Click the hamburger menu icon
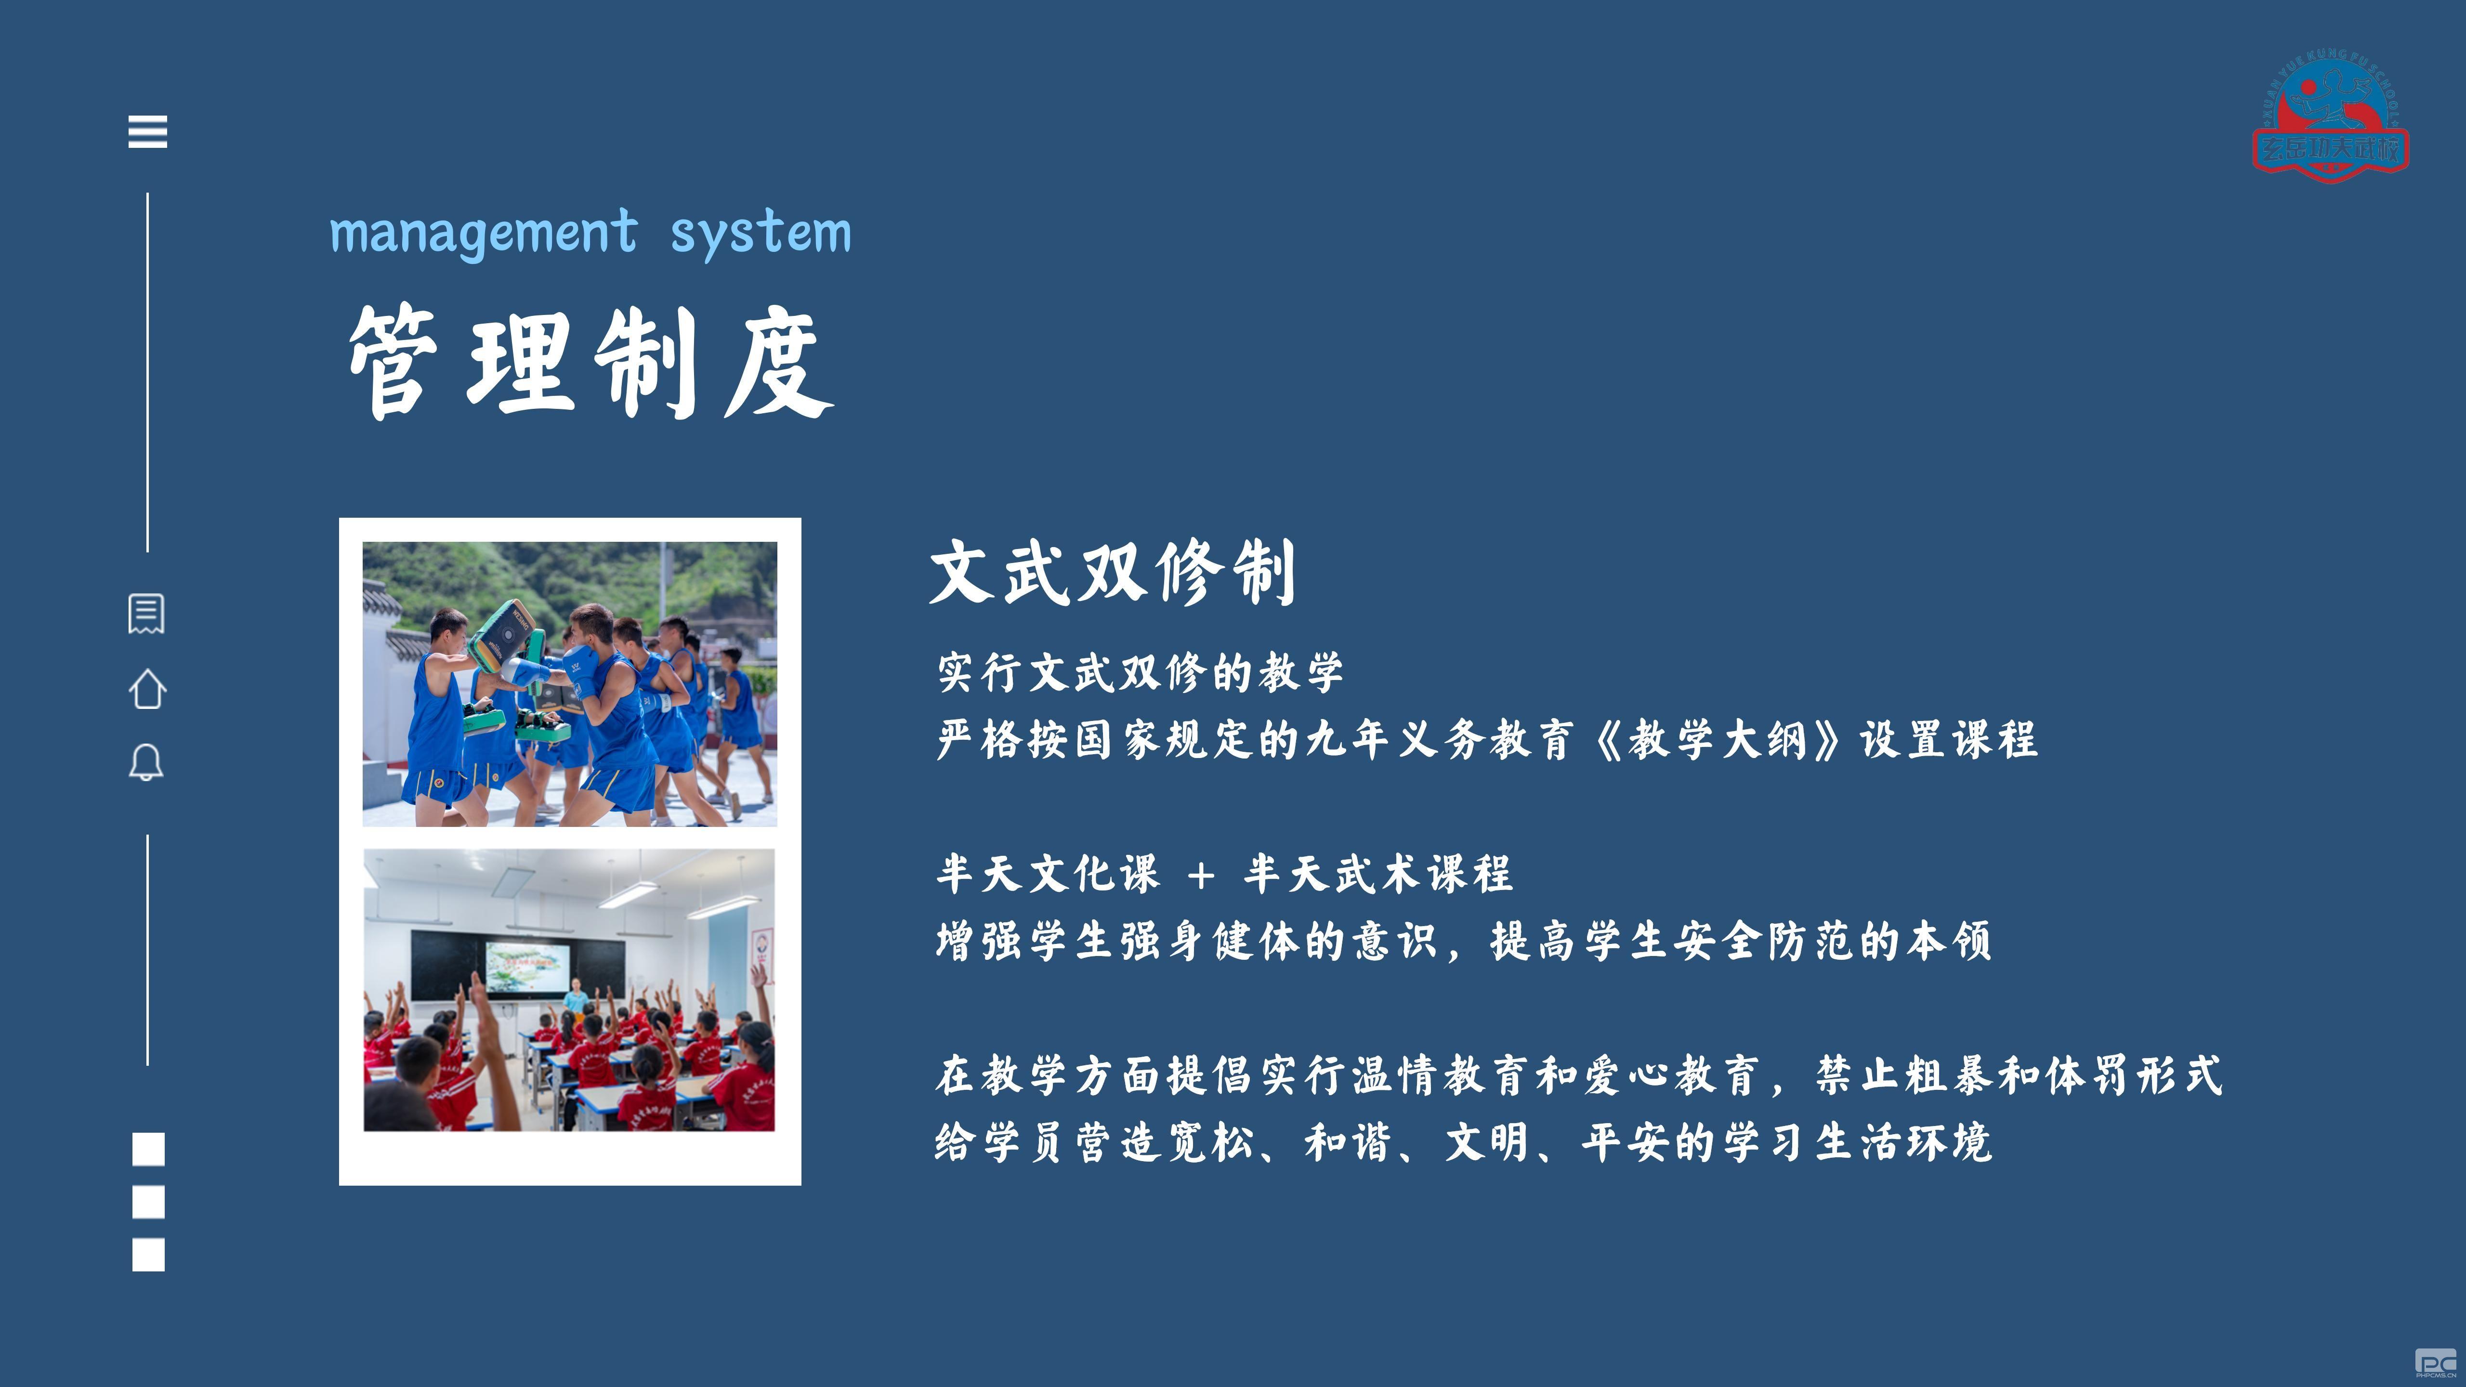[147, 131]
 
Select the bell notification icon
[146, 763]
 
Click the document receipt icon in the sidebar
[146, 614]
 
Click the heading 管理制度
[590, 362]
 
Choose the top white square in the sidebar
[148, 1149]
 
